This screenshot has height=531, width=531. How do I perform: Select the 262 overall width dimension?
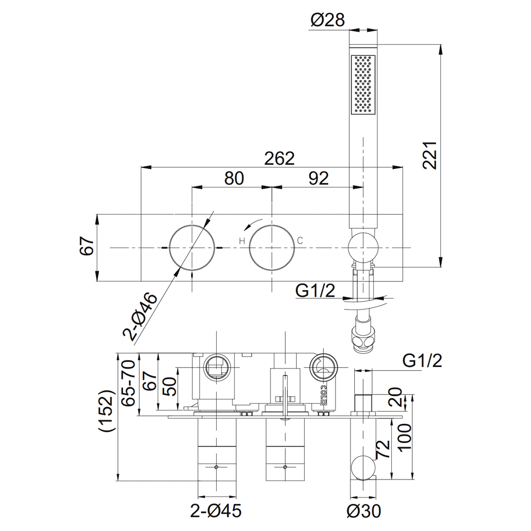coord(280,158)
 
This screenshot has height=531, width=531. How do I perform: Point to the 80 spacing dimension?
coord(234,178)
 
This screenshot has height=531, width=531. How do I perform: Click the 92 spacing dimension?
coord(318,178)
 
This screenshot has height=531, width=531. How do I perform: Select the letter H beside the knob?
coord(242,241)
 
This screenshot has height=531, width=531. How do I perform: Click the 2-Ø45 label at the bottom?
coord(216,511)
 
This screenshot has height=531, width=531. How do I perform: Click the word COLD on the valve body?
coord(322,395)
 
